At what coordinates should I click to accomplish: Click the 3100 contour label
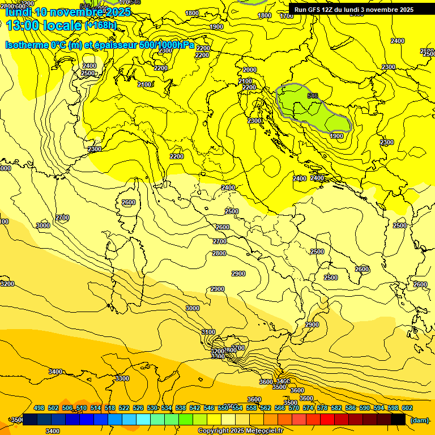click(x=208, y=332)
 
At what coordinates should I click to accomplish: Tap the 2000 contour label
click(x=250, y=70)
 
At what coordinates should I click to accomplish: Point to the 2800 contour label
click(x=219, y=253)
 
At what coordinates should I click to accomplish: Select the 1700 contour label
click(x=287, y=16)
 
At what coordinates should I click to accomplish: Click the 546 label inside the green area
click(x=313, y=96)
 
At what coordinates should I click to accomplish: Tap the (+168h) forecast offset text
click(x=100, y=25)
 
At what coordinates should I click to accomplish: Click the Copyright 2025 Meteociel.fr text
click(x=241, y=430)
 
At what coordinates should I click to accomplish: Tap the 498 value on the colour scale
click(x=39, y=408)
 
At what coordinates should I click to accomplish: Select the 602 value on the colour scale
click(x=407, y=408)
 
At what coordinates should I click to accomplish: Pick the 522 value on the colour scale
click(x=124, y=408)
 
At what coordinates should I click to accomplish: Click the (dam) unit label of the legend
click(x=419, y=420)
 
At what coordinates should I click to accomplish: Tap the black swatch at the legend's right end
click(x=398, y=419)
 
